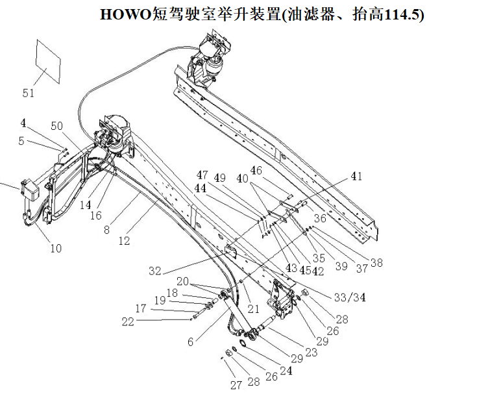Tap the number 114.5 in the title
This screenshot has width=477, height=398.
coord(401,14)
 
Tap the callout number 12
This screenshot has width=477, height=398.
coord(124,241)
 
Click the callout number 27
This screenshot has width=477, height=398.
coord(236,384)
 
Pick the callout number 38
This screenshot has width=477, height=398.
coord(376,263)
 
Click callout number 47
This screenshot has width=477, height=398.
coord(202,175)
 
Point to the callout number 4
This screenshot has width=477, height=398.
coord(23,122)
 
